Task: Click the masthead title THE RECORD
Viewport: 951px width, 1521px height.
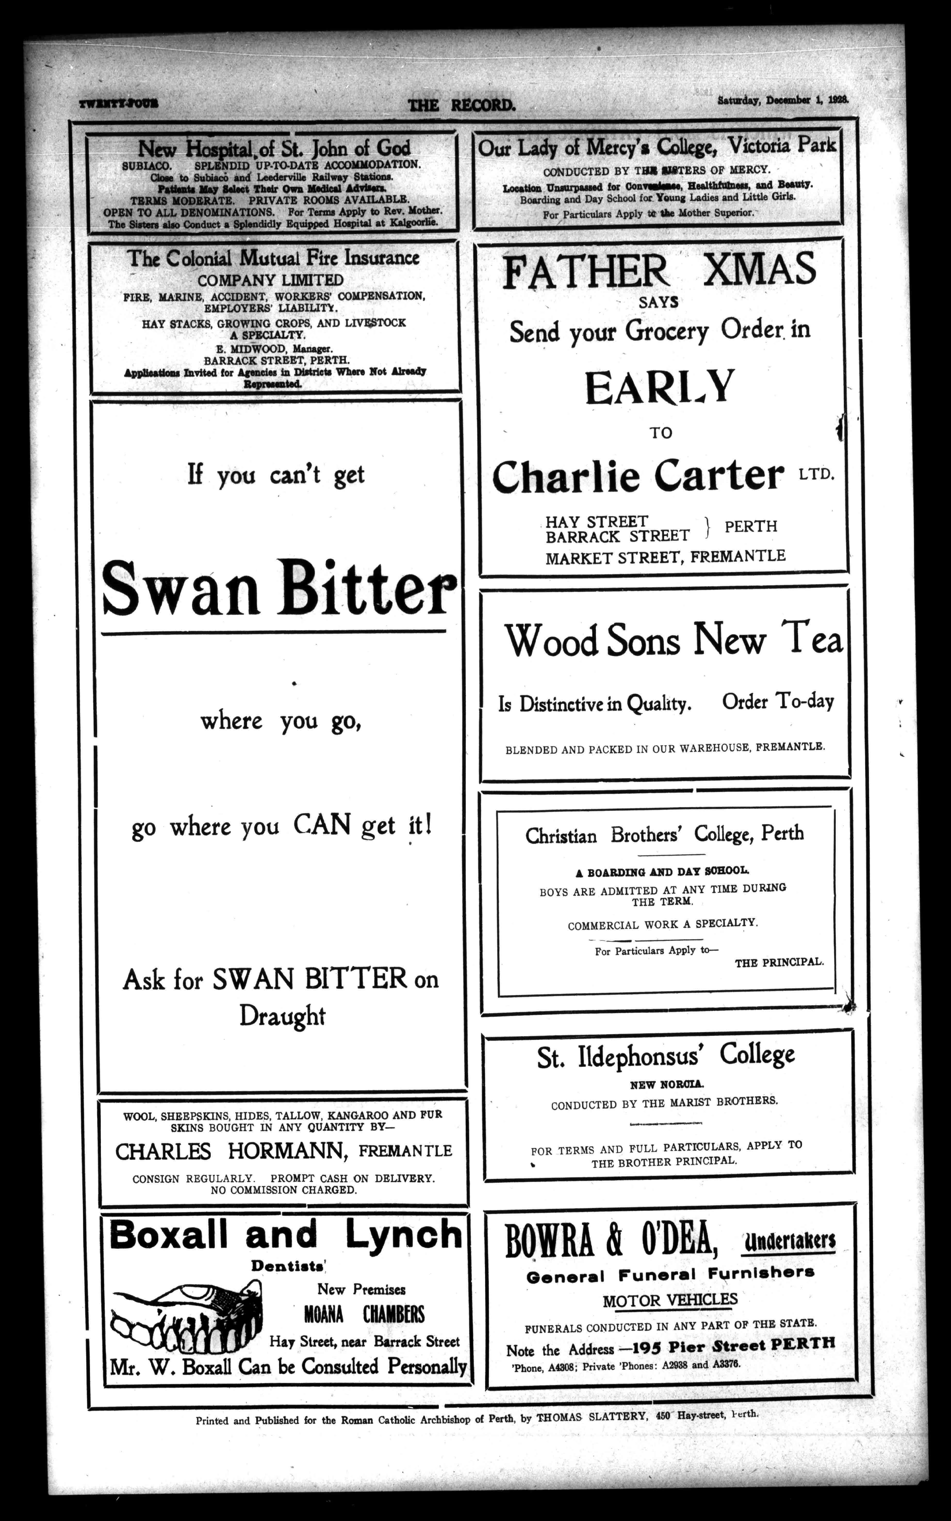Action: click(462, 105)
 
